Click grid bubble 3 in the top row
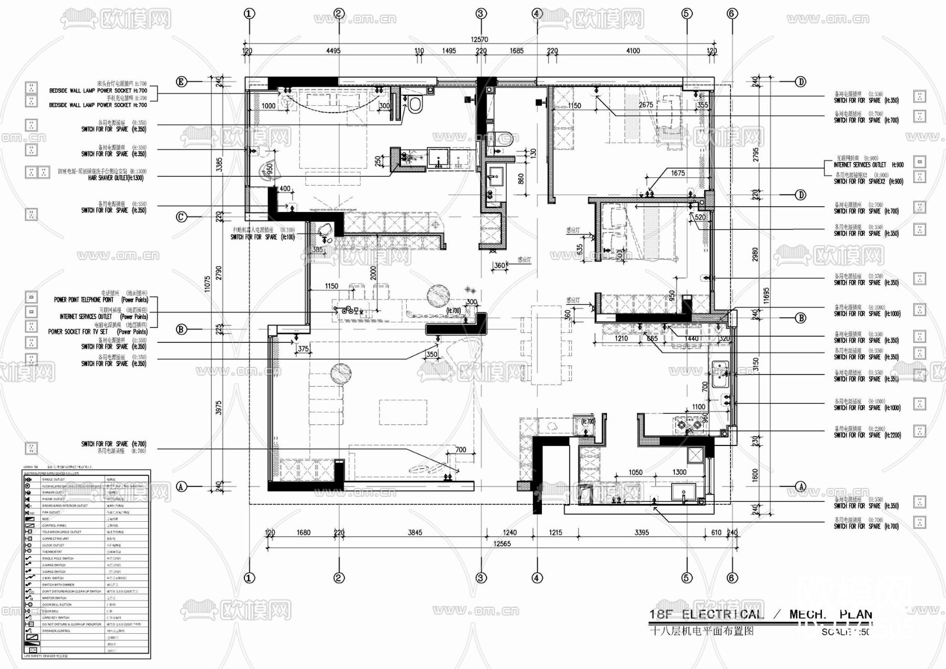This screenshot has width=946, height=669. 481,14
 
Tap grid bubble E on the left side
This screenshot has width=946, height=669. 181,82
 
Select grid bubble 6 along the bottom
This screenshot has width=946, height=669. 732,577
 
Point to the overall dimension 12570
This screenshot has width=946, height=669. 479,39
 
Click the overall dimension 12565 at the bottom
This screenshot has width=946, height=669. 502,544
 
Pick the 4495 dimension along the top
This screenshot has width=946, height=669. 333,51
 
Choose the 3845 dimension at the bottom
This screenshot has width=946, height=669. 415,533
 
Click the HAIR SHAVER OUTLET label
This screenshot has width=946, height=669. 115,178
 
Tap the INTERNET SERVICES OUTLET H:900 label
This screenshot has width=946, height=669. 868,165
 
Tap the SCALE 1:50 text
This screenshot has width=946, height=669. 845,632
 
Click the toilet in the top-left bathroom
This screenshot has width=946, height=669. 415,104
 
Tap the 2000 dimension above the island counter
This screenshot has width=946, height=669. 373,273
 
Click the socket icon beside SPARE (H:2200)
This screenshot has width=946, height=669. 919,431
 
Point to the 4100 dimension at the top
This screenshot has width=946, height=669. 633,51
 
